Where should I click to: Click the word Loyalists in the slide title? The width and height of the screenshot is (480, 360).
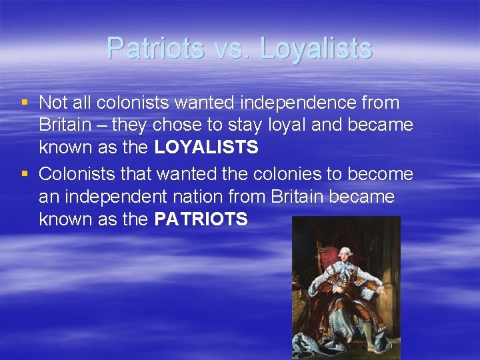click(316, 48)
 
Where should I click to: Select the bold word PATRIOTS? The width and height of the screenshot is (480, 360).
click(201, 219)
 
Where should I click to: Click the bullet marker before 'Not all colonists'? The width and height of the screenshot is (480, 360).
click(25, 103)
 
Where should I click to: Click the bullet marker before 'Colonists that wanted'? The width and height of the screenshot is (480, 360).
click(25, 175)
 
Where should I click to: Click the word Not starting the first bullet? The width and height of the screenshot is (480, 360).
click(52, 103)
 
